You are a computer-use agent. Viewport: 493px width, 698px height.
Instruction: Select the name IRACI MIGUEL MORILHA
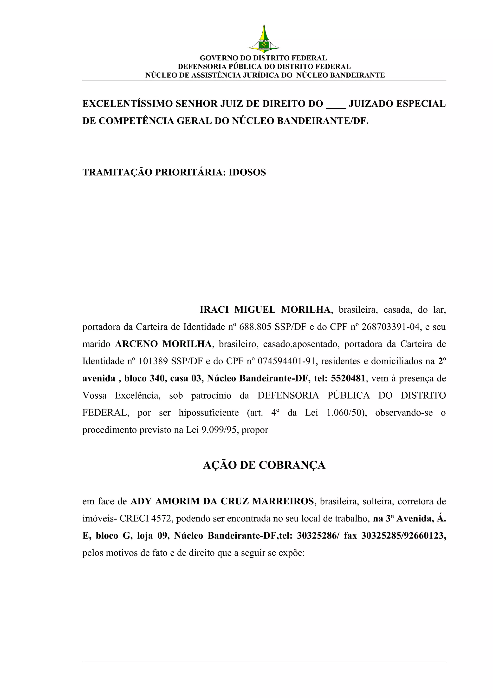point(265,310)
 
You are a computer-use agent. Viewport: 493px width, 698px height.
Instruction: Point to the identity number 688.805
point(255,327)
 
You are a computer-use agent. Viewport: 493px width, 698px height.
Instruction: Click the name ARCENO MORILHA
point(163,344)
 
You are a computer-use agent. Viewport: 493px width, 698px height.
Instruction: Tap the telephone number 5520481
point(348,378)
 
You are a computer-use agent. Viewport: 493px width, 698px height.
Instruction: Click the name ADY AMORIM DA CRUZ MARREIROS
point(222,501)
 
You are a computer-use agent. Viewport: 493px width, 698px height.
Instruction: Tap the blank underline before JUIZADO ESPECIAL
point(336,105)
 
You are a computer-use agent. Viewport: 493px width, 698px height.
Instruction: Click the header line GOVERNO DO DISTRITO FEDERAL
point(263,58)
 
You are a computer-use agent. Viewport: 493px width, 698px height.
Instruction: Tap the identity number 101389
point(153,361)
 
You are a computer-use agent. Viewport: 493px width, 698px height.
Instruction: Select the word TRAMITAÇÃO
point(117,172)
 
